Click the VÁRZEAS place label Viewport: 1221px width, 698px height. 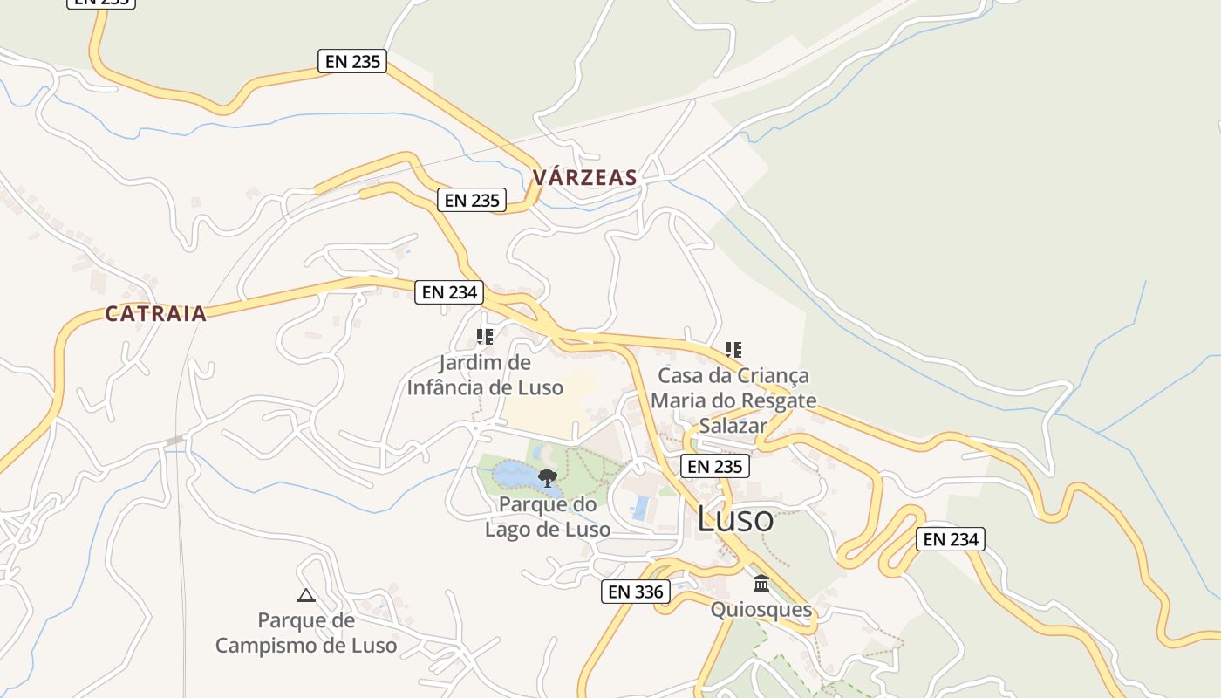[584, 178]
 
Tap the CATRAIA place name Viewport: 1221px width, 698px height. [155, 314]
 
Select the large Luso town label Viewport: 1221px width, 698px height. [735, 520]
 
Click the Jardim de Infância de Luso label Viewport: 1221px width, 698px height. [485, 375]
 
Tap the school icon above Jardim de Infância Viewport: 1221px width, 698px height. [485, 337]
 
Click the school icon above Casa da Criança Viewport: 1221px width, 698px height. [733, 350]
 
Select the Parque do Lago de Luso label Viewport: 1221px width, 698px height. [548, 517]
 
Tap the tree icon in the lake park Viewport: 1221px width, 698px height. [548, 477]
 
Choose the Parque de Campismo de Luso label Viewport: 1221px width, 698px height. [306, 633]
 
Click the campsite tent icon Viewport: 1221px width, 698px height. [305, 596]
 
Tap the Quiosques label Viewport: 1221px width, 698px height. [761, 609]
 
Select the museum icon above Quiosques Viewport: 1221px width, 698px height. [761, 583]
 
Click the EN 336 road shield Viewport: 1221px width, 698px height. [636, 592]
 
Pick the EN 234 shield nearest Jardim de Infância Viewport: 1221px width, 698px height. [449, 292]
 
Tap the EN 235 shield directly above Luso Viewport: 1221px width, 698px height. [715, 467]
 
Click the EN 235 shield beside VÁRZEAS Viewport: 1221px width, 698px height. [472, 200]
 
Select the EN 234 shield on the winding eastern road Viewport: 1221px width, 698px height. [951, 539]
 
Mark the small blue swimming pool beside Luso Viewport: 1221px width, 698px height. [641, 507]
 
